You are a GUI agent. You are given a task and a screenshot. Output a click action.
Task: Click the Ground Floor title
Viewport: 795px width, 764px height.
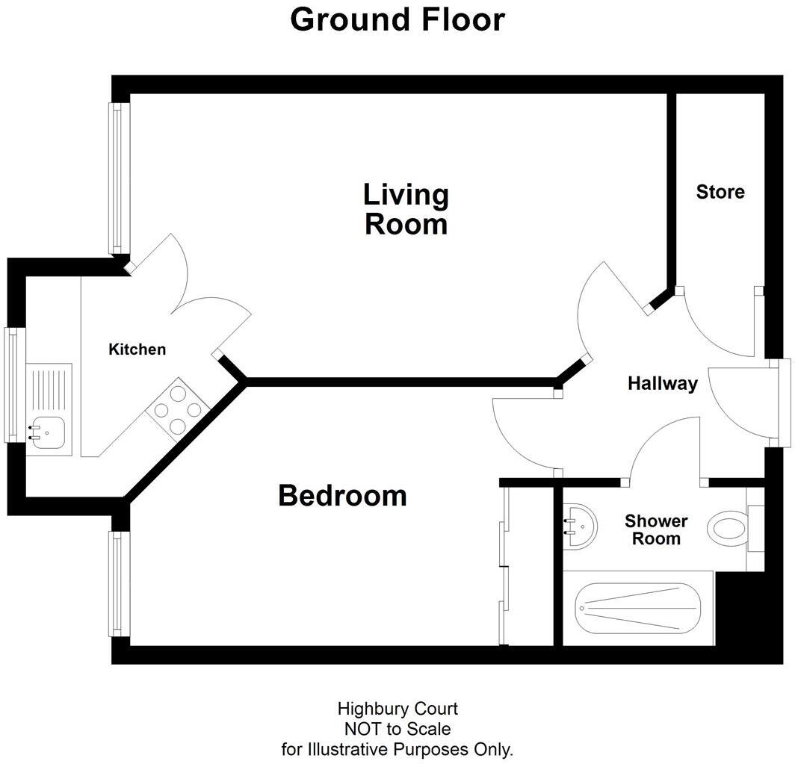[x=397, y=20]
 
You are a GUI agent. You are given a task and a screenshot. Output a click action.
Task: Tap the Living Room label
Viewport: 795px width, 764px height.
[x=406, y=209]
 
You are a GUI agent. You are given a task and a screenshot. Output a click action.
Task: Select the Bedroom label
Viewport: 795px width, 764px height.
[x=342, y=495]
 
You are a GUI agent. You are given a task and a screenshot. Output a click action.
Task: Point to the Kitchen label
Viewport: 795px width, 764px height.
[x=137, y=349]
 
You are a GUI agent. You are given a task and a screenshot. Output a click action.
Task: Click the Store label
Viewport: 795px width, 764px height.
[x=720, y=192]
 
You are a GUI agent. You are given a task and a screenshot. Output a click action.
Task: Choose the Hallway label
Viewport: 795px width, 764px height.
[x=662, y=384]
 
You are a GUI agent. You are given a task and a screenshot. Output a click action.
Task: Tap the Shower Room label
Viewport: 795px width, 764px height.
[x=656, y=529]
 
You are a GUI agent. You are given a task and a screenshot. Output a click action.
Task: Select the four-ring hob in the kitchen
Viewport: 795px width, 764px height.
[x=177, y=409]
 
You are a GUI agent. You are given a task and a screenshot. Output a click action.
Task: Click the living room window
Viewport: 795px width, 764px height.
[x=117, y=178]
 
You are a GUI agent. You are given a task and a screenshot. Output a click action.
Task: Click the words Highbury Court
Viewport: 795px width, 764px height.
[x=397, y=708]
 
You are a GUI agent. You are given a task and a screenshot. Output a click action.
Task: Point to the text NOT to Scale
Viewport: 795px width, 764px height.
[x=397, y=728]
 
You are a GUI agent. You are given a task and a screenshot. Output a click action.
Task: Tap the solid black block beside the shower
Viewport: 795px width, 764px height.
[x=738, y=609]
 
